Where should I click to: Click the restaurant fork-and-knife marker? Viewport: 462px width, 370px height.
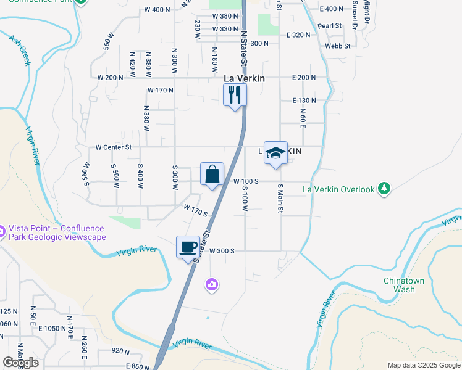click(x=234, y=94)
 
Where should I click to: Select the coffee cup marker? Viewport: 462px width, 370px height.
click(x=188, y=247)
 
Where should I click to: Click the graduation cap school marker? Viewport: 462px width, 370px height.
click(x=275, y=152)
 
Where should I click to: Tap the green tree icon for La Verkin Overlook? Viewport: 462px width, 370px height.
click(x=385, y=188)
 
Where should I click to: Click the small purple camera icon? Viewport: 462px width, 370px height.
click(x=212, y=284)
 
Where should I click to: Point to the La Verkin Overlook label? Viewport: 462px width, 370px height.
click(x=338, y=190)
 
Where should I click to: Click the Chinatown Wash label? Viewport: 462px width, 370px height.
click(x=404, y=285)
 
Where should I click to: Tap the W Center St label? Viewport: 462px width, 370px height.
click(x=114, y=147)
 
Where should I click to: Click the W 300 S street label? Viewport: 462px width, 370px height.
click(x=222, y=251)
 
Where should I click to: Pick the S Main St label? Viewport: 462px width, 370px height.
click(x=280, y=198)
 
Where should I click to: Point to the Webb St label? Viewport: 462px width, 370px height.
click(x=338, y=46)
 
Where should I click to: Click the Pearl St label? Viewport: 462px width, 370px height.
click(x=330, y=26)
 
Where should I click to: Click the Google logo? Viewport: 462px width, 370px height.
click(x=20, y=363)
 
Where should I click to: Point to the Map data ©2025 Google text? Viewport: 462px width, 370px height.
click(x=423, y=365)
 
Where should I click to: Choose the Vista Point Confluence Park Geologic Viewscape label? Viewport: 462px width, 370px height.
click(x=57, y=232)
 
